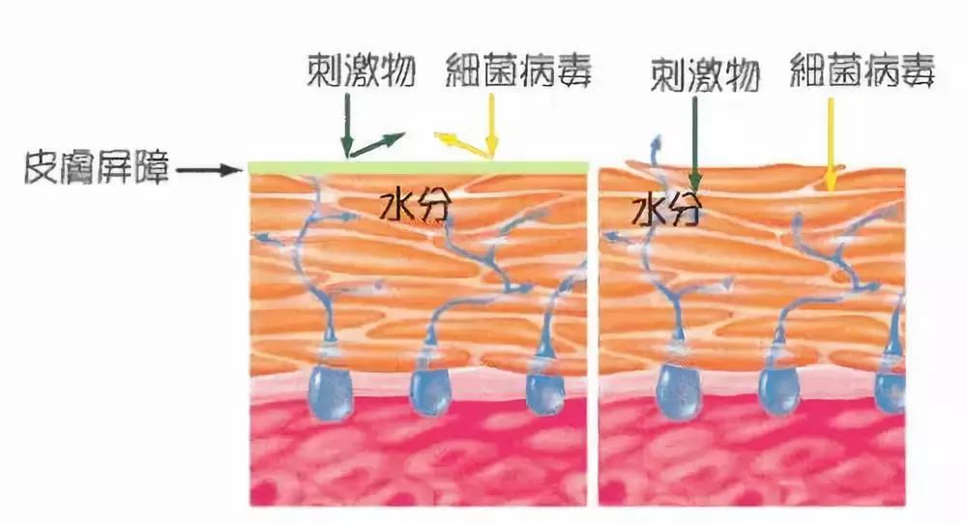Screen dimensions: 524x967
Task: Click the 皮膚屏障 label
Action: [x=98, y=169]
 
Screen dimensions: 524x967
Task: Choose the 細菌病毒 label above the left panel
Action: [x=518, y=70]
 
